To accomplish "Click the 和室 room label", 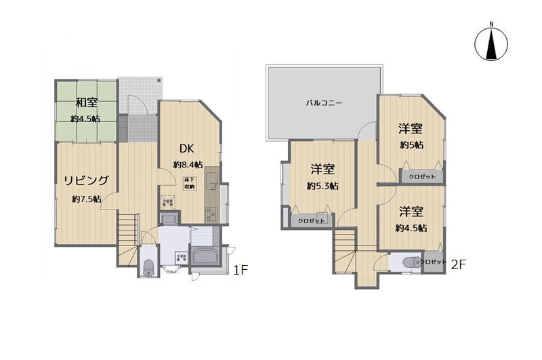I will pyautogui.click(x=86, y=103).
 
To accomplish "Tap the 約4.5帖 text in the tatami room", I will pyautogui.click(x=86, y=119).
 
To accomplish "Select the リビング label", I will pyautogui.click(x=86, y=180).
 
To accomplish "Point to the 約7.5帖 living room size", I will pyautogui.click(x=87, y=199).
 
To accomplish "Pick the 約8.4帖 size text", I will pyautogui.click(x=188, y=165).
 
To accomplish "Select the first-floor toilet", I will pyautogui.click(x=148, y=264).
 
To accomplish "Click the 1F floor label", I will pyautogui.click(x=242, y=270).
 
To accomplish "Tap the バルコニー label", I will pyautogui.click(x=323, y=104).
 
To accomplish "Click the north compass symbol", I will pyautogui.click(x=492, y=42).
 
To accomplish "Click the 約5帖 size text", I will pyautogui.click(x=411, y=145).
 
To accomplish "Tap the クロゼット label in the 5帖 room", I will pyautogui.click(x=422, y=176).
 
